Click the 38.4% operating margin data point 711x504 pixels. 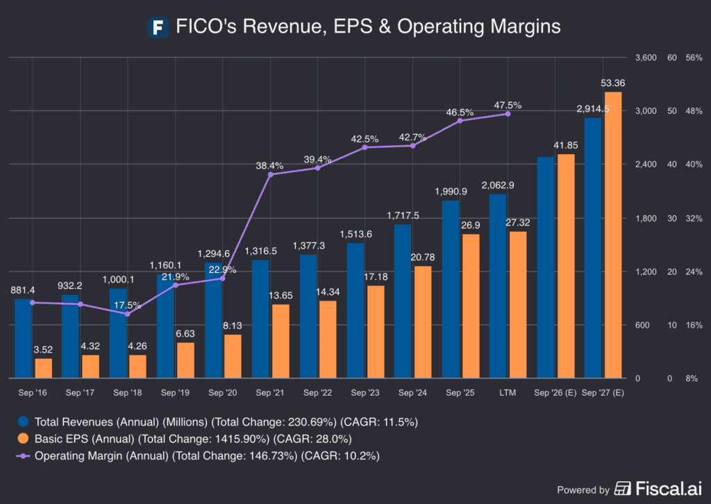point(270,174)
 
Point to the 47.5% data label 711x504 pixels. point(508,106)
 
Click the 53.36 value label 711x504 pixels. point(612,83)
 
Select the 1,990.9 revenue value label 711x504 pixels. point(451,192)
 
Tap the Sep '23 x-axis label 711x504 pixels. point(365,392)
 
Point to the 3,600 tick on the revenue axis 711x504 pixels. point(645,58)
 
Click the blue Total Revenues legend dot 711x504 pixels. point(24,421)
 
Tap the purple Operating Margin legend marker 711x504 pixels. point(24,456)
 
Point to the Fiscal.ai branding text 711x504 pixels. point(660,489)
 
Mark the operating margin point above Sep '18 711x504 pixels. point(128,314)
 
